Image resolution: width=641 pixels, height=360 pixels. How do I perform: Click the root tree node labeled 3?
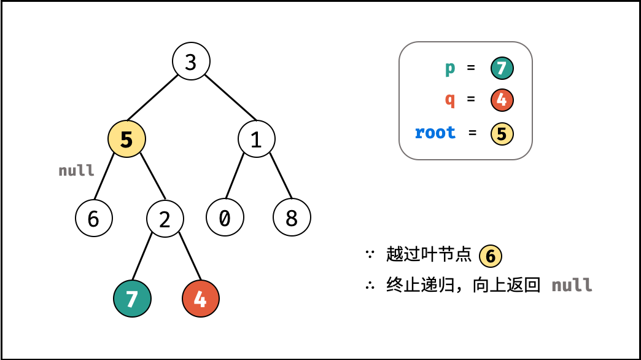click(191, 61)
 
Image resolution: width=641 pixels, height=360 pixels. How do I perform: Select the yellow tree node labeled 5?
click(126, 139)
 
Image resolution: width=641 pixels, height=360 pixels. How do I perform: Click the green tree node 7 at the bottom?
click(132, 299)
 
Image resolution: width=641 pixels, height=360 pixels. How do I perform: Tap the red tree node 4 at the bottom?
click(200, 299)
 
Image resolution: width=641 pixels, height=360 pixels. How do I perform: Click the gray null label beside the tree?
click(77, 170)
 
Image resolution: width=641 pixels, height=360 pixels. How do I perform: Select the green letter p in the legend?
click(450, 68)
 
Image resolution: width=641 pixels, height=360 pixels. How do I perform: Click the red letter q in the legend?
click(450, 100)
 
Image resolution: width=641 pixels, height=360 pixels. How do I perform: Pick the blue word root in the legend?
click(435, 132)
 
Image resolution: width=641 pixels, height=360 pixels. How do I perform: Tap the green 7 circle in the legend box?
click(502, 68)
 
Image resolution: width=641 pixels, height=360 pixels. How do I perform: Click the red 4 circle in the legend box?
click(502, 100)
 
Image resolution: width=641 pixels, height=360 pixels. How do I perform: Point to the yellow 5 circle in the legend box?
click(502, 133)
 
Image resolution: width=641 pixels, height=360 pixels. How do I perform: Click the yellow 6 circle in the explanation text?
click(490, 256)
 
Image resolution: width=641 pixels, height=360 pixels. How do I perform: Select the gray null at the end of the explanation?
click(572, 285)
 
